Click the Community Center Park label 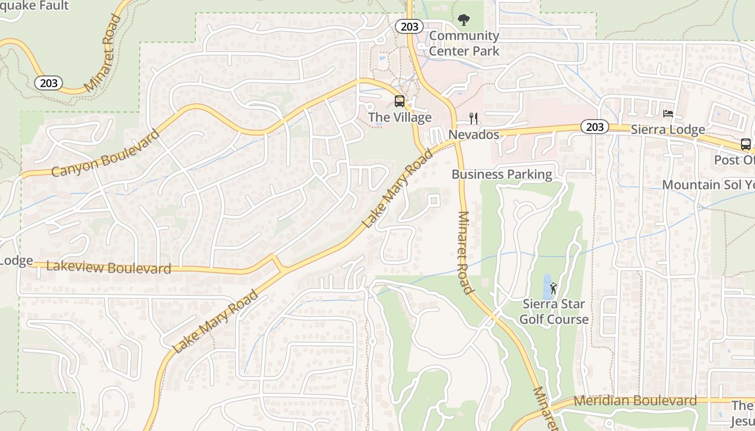click(464, 44)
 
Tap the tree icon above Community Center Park click(463, 20)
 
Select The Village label click(400, 117)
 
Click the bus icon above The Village click(400, 101)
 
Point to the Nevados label click(474, 134)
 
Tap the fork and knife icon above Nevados click(473, 119)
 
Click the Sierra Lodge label click(668, 130)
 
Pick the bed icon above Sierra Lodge click(668, 114)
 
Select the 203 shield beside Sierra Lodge click(595, 127)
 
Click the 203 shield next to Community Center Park click(409, 26)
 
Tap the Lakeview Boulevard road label click(109, 267)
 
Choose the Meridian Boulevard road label click(635, 401)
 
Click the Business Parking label click(502, 175)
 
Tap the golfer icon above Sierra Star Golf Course click(553, 288)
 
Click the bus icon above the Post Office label click(745, 144)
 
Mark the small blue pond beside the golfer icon click(547, 287)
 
